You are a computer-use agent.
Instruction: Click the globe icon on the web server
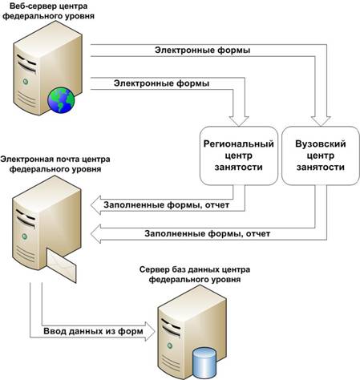tap(61, 100)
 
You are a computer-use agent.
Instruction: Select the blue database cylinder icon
tap(204, 362)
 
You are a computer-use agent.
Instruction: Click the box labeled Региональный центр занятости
tap(239, 156)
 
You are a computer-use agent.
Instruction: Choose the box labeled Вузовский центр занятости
tap(321, 156)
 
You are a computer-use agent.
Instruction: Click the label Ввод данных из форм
tap(93, 331)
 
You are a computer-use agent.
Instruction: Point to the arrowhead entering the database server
tap(150, 331)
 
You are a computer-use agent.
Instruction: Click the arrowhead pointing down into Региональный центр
tap(239, 121)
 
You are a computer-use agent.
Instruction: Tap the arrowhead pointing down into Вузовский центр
tap(321, 121)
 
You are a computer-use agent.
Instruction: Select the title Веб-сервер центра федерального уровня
tap(48, 10)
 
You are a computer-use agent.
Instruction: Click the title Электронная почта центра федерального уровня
tap(55, 164)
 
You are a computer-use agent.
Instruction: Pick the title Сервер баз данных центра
tap(195, 269)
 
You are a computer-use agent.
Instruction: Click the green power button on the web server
tap(26, 82)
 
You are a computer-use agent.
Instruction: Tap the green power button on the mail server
tap(25, 236)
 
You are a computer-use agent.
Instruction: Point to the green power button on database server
tap(170, 346)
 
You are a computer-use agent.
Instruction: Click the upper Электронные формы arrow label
tap(203, 51)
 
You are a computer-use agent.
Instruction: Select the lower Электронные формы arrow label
tap(161, 83)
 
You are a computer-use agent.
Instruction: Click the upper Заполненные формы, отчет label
tap(167, 205)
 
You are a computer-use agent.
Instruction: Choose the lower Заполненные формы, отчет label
tap(208, 233)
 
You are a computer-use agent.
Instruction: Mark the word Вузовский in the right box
tap(321, 144)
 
